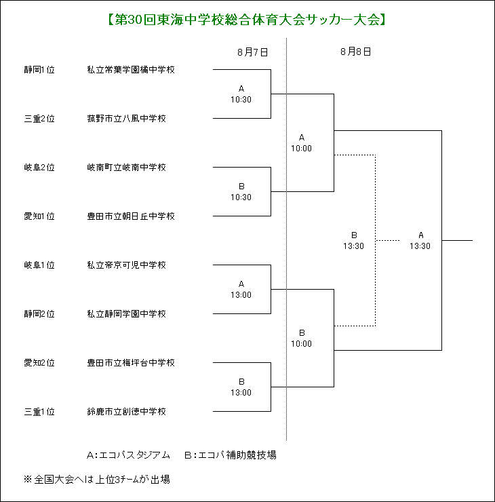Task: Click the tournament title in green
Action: pos(247,20)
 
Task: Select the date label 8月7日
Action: pos(252,52)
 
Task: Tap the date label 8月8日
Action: pos(355,52)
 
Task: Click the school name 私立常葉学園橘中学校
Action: pos(131,70)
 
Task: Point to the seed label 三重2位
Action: pos(39,119)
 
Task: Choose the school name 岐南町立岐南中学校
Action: pos(127,168)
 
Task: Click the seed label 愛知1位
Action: pos(39,216)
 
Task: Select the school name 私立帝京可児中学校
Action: pos(127,265)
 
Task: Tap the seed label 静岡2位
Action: pos(39,314)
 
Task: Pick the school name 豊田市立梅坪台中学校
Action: pos(131,363)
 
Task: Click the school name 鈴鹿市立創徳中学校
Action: pos(127,412)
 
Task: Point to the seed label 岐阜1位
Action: pos(39,265)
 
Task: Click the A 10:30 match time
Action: pos(241,94)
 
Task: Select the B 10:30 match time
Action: pos(241,192)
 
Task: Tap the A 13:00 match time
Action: pos(241,290)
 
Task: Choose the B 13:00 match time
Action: pos(241,387)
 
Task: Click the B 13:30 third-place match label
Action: pos(353,240)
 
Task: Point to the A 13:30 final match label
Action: pos(420,240)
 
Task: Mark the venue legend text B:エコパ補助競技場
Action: pos(231,455)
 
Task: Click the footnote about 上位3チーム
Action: pos(97,480)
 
